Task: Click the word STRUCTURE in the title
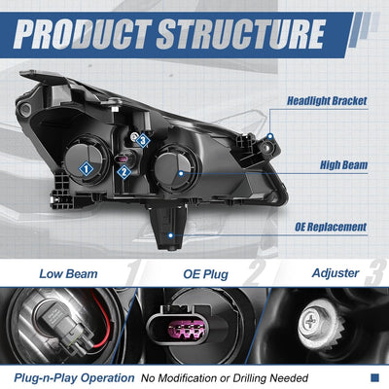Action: pyautogui.click(x=240, y=34)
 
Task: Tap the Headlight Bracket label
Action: pyautogui.click(x=327, y=101)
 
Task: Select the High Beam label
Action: pyautogui.click(x=344, y=165)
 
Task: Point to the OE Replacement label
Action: pyautogui.click(x=331, y=227)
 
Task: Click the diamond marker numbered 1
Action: pyautogui.click(x=87, y=168)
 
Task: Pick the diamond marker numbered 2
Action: pyautogui.click(x=124, y=172)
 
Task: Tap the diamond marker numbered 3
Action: pyautogui.click(x=143, y=141)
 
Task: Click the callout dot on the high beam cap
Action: pyautogui.click(x=181, y=174)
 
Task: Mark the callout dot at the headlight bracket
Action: pyautogui.click(x=270, y=136)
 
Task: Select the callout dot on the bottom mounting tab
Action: pyautogui.click(x=171, y=235)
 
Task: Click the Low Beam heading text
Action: pyautogui.click(x=68, y=274)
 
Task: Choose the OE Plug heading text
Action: pyautogui.click(x=205, y=274)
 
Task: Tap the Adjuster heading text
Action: pyautogui.click(x=336, y=273)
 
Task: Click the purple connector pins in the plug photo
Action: pyautogui.click(x=188, y=329)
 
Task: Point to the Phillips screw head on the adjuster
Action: pyautogui.click(x=309, y=321)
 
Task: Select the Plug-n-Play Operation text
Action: pyautogui.click(x=74, y=378)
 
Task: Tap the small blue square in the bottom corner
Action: pyautogui.click(x=374, y=377)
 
